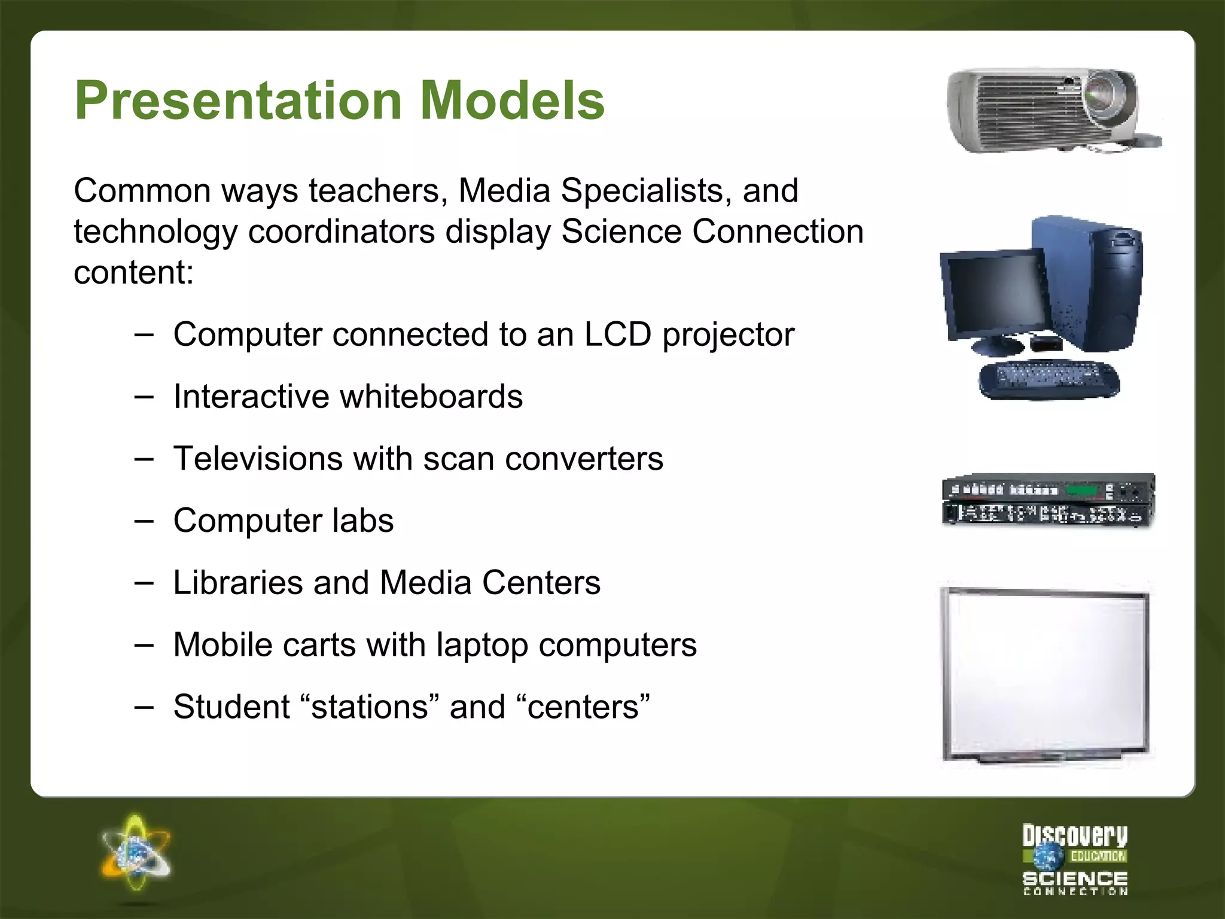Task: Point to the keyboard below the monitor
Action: [1048, 379]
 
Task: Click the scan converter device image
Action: [1048, 500]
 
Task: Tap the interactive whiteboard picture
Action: [1046, 674]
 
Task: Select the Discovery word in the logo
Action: [1074, 835]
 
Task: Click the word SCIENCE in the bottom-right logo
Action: [1074, 878]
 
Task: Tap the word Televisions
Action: [258, 458]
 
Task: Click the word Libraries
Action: [237, 583]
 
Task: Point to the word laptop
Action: [482, 645]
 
